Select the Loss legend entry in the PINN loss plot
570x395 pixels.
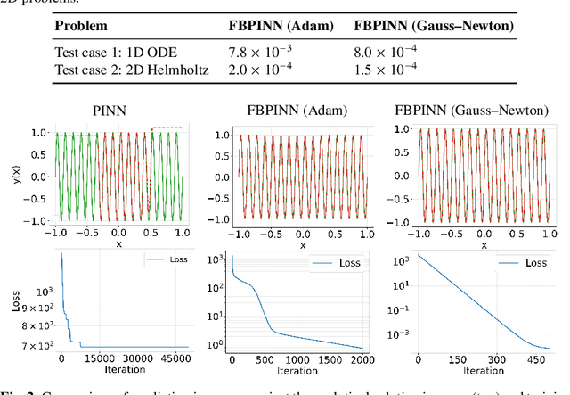point(161,260)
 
